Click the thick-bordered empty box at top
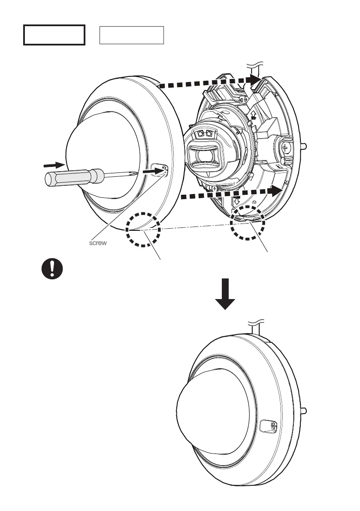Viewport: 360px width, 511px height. coord(54,35)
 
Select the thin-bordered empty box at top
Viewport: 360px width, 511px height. coord(132,35)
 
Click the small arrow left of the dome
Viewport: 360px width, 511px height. coord(52,164)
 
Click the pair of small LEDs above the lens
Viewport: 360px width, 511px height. coord(204,134)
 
